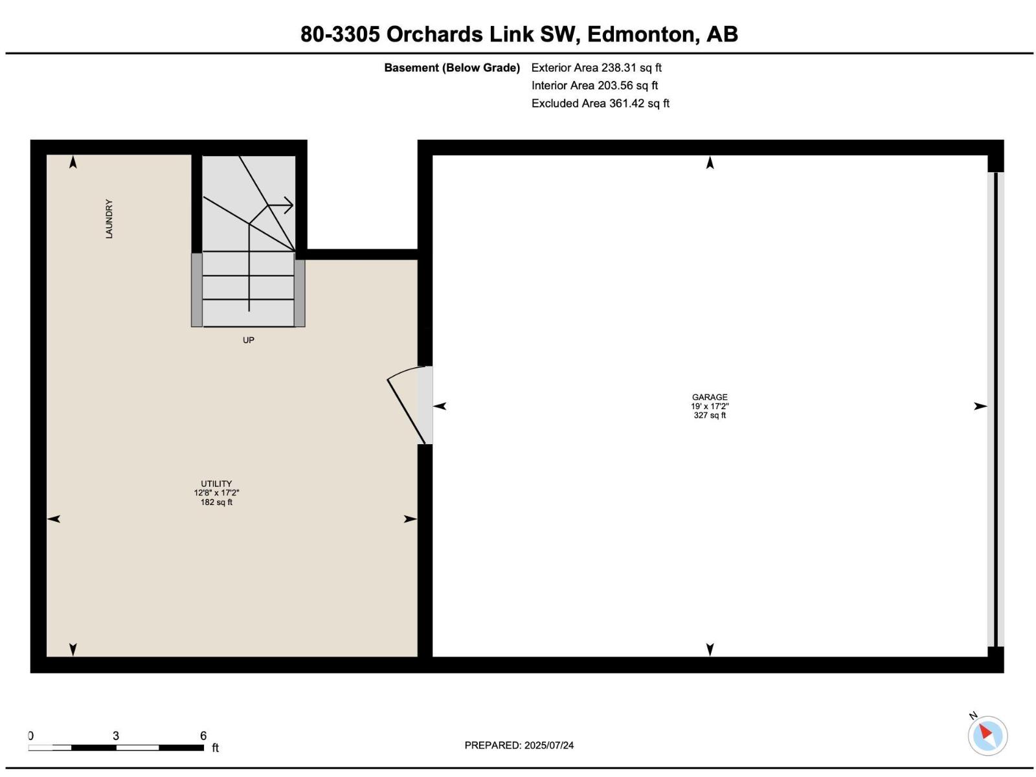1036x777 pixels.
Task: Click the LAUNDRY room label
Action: [x=109, y=219]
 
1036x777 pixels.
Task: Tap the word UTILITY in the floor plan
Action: [x=216, y=484]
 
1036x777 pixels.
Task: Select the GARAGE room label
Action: [x=710, y=397]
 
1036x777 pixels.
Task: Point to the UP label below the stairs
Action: [x=248, y=340]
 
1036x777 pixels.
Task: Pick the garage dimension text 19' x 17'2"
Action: [x=710, y=406]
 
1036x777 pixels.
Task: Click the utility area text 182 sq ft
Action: [x=216, y=502]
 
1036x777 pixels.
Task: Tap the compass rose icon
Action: [x=987, y=736]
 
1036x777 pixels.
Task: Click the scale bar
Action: [x=116, y=748]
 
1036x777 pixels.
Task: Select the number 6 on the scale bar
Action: [x=203, y=736]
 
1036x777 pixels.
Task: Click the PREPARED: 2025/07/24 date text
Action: [x=519, y=745]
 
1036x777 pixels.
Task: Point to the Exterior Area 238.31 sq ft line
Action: [x=596, y=67]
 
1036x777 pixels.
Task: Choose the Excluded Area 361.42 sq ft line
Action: [x=600, y=104]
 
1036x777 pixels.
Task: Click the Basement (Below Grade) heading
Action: [x=452, y=67]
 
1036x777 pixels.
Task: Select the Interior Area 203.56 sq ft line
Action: [x=594, y=85]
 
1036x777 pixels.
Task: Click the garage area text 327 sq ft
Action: [x=710, y=415]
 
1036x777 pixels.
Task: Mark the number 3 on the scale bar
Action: [x=116, y=736]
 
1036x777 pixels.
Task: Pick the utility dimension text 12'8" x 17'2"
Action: [x=216, y=493]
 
